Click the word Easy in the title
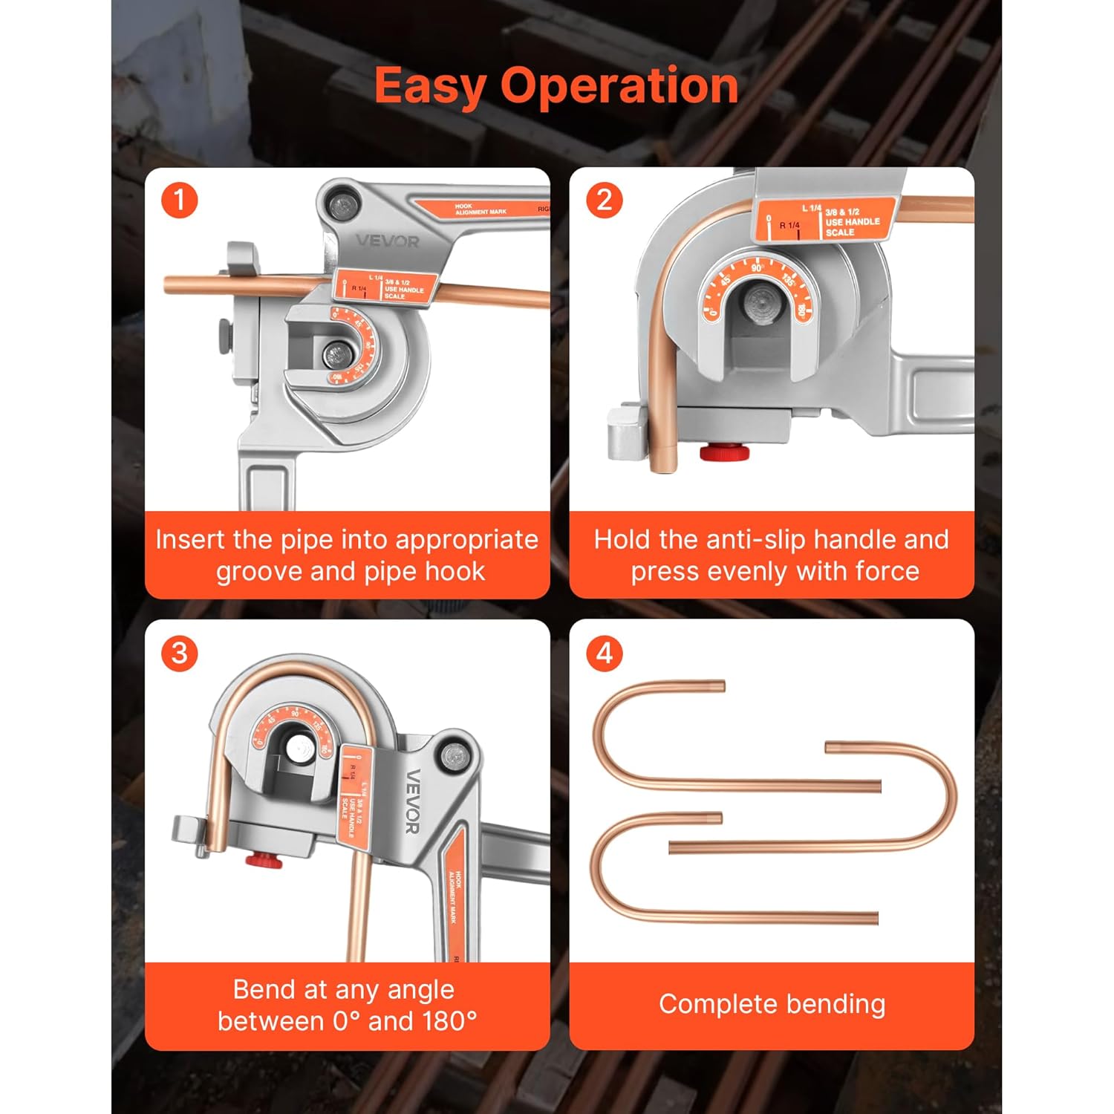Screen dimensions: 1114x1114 point(431,86)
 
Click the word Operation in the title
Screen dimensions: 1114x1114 point(619,86)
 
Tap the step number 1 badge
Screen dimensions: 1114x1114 point(180,201)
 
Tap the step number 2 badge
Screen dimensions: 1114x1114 point(605,201)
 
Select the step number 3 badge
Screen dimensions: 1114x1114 point(180,654)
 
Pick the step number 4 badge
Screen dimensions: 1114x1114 point(605,654)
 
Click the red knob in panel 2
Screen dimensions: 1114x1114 point(724,452)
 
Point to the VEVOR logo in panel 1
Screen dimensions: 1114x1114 point(387,241)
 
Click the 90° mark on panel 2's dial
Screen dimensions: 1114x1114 point(757,268)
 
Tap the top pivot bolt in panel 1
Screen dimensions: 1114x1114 point(343,206)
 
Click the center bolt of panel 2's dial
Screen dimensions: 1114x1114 point(760,304)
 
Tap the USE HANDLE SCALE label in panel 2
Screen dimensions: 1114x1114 point(852,222)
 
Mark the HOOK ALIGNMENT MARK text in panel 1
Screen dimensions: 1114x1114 point(481,209)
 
